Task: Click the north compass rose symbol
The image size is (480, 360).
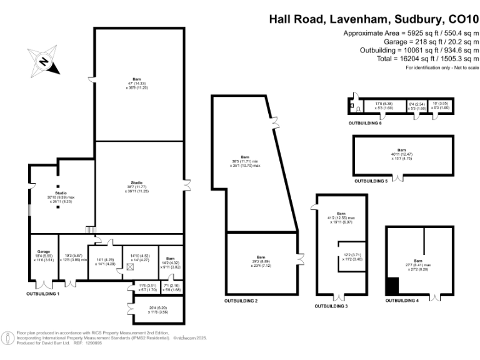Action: pos(43,61)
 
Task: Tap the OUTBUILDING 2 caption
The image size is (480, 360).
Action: pos(241,301)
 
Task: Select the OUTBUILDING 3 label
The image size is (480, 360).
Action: pos(331,306)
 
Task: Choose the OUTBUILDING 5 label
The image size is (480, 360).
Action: pos(371,181)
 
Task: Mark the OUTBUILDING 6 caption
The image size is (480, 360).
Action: pos(365,123)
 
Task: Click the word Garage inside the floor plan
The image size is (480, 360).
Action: pos(43,251)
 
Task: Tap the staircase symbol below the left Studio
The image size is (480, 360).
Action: pos(89,230)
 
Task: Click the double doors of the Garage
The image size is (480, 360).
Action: pos(44,284)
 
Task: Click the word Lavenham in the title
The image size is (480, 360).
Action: pos(359,19)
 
